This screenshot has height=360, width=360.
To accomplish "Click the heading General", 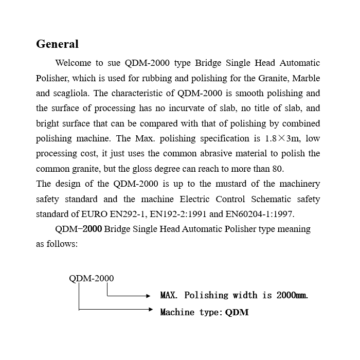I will [57, 44].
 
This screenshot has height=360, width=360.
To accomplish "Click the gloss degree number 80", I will [278, 169].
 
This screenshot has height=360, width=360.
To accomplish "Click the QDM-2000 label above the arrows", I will [92, 279].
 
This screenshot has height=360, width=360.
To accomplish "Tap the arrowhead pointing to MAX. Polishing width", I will [148, 296].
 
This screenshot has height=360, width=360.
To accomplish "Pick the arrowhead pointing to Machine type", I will [150, 310].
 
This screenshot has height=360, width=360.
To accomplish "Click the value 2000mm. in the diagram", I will [292, 295].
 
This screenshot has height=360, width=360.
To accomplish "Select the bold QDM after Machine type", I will [237, 312].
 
